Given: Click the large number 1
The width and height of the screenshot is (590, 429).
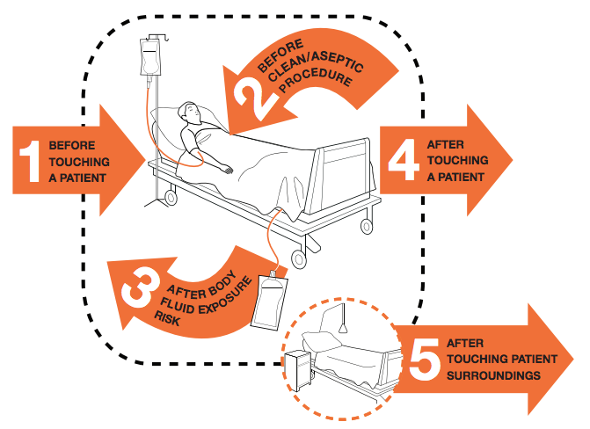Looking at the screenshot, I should (x=31, y=159).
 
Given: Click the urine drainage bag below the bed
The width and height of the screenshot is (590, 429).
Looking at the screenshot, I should (x=267, y=300).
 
